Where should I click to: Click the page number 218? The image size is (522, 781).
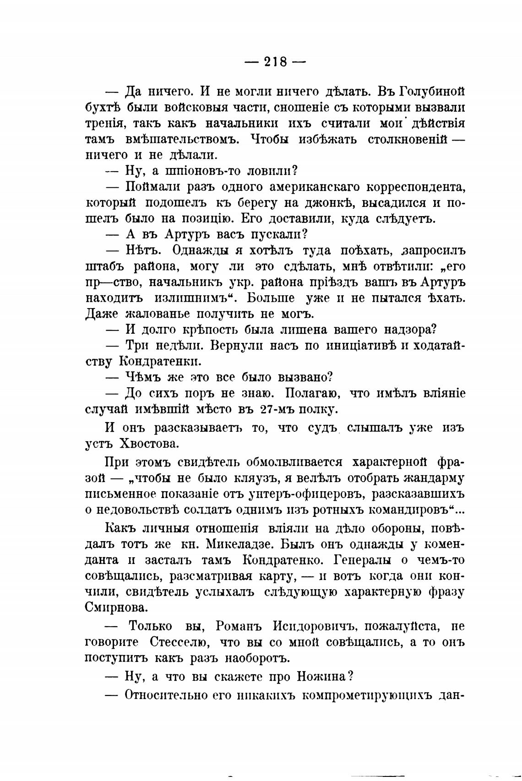pyautogui.click(x=275, y=61)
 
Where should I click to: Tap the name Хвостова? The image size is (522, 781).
pyautogui.click(x=149, y=444)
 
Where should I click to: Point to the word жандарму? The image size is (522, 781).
pyautogui.click(x=434, y=478)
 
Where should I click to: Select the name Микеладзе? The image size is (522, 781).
pyautogui.click(x=237, y=544)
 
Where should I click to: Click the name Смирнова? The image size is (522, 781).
pyautogui.click(x=117, y=607)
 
